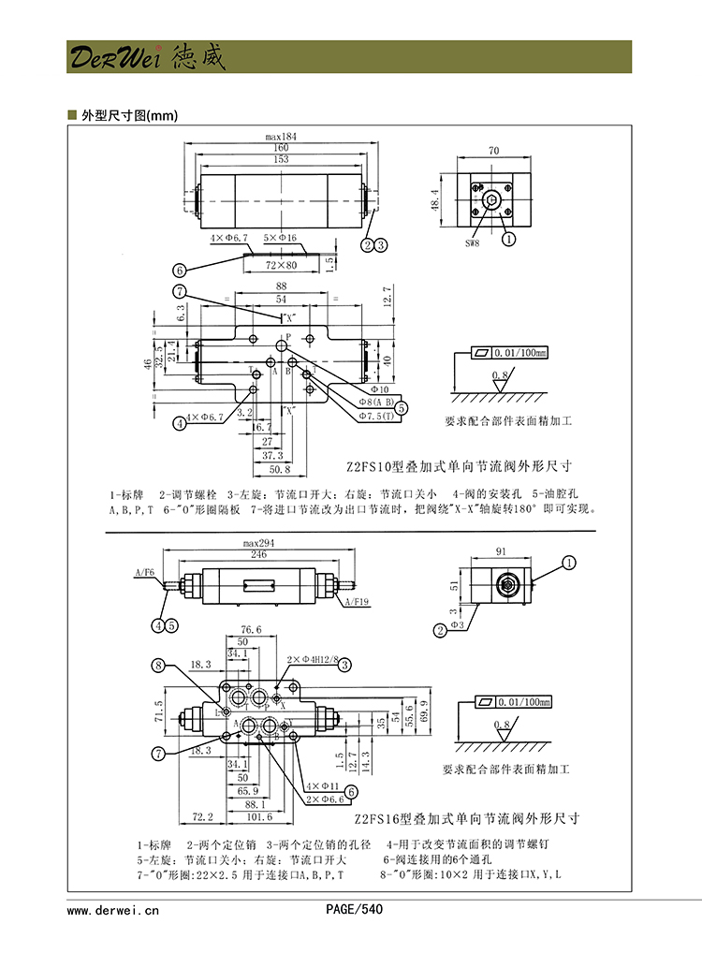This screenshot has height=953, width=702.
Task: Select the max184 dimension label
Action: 281,137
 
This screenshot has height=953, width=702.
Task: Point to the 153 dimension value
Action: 281,159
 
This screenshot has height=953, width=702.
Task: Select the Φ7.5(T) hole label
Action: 373,415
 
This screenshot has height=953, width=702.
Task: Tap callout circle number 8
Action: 158,666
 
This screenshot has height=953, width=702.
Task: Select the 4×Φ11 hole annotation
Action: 322,785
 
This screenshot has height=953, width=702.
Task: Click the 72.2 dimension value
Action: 202,816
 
